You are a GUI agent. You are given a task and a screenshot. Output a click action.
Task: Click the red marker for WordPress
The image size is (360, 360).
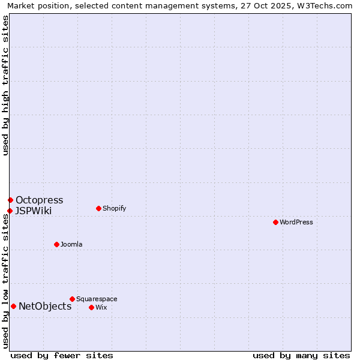[275, 222]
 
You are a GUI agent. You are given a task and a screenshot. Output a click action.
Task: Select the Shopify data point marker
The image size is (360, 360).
[98, 208]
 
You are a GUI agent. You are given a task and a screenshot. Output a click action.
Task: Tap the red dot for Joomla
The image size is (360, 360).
[56, 244]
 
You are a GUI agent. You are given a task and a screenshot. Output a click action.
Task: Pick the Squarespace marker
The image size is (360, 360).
[72, 299]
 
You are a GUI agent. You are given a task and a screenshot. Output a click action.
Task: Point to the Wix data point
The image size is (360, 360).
[91, 307]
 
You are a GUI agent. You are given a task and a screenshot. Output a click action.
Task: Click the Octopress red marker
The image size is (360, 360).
[10, 200]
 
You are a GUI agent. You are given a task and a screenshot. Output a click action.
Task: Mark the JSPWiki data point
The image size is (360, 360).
[10, 211]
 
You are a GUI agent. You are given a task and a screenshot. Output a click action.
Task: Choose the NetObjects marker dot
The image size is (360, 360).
[13, 306]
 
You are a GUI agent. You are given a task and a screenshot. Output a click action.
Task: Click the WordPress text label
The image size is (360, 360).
[296, 222]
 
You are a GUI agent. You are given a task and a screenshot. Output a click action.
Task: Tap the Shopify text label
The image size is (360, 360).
[114, 208]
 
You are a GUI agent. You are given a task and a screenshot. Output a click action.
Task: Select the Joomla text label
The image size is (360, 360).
[71, 244]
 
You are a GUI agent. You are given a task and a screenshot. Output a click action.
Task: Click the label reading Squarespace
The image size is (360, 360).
[97, 299]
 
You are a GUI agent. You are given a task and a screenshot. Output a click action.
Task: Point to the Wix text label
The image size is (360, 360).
[101, 307]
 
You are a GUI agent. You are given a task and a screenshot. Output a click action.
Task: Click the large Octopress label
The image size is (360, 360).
[39, 200]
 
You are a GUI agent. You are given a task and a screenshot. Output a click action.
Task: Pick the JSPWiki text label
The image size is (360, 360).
[34, 211]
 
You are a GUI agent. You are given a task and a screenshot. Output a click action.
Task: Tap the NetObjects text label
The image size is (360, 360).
[45, 306]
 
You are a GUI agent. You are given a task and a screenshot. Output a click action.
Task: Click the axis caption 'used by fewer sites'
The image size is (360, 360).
[62, 355]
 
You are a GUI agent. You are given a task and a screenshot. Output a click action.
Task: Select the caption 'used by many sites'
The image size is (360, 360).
[301, 355]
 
